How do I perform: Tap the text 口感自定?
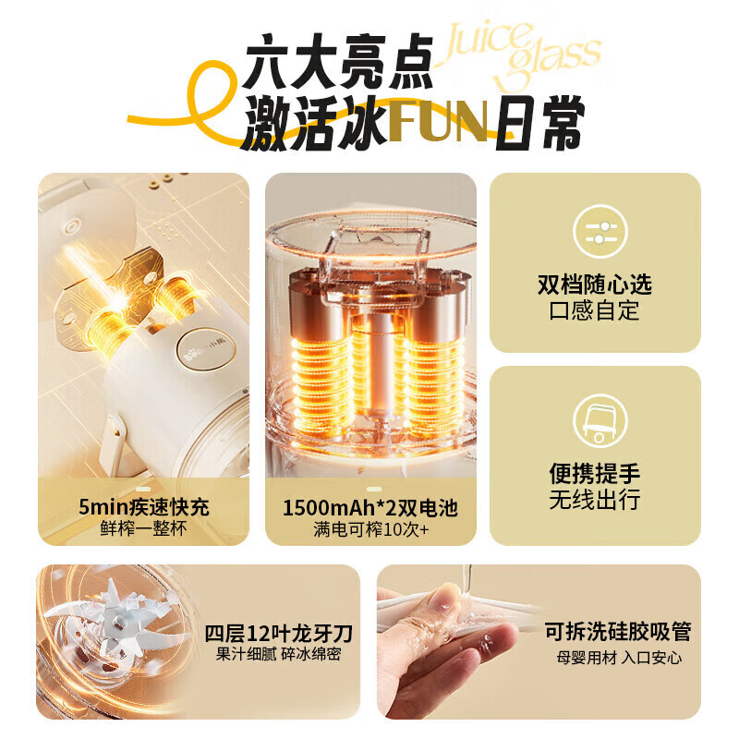(595, 310)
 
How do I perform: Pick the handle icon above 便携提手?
(595, 421)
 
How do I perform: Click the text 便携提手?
(595, 475)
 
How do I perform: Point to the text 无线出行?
(595, 501)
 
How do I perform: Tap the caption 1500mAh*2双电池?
(369, 507)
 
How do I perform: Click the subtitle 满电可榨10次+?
(369, 530)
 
